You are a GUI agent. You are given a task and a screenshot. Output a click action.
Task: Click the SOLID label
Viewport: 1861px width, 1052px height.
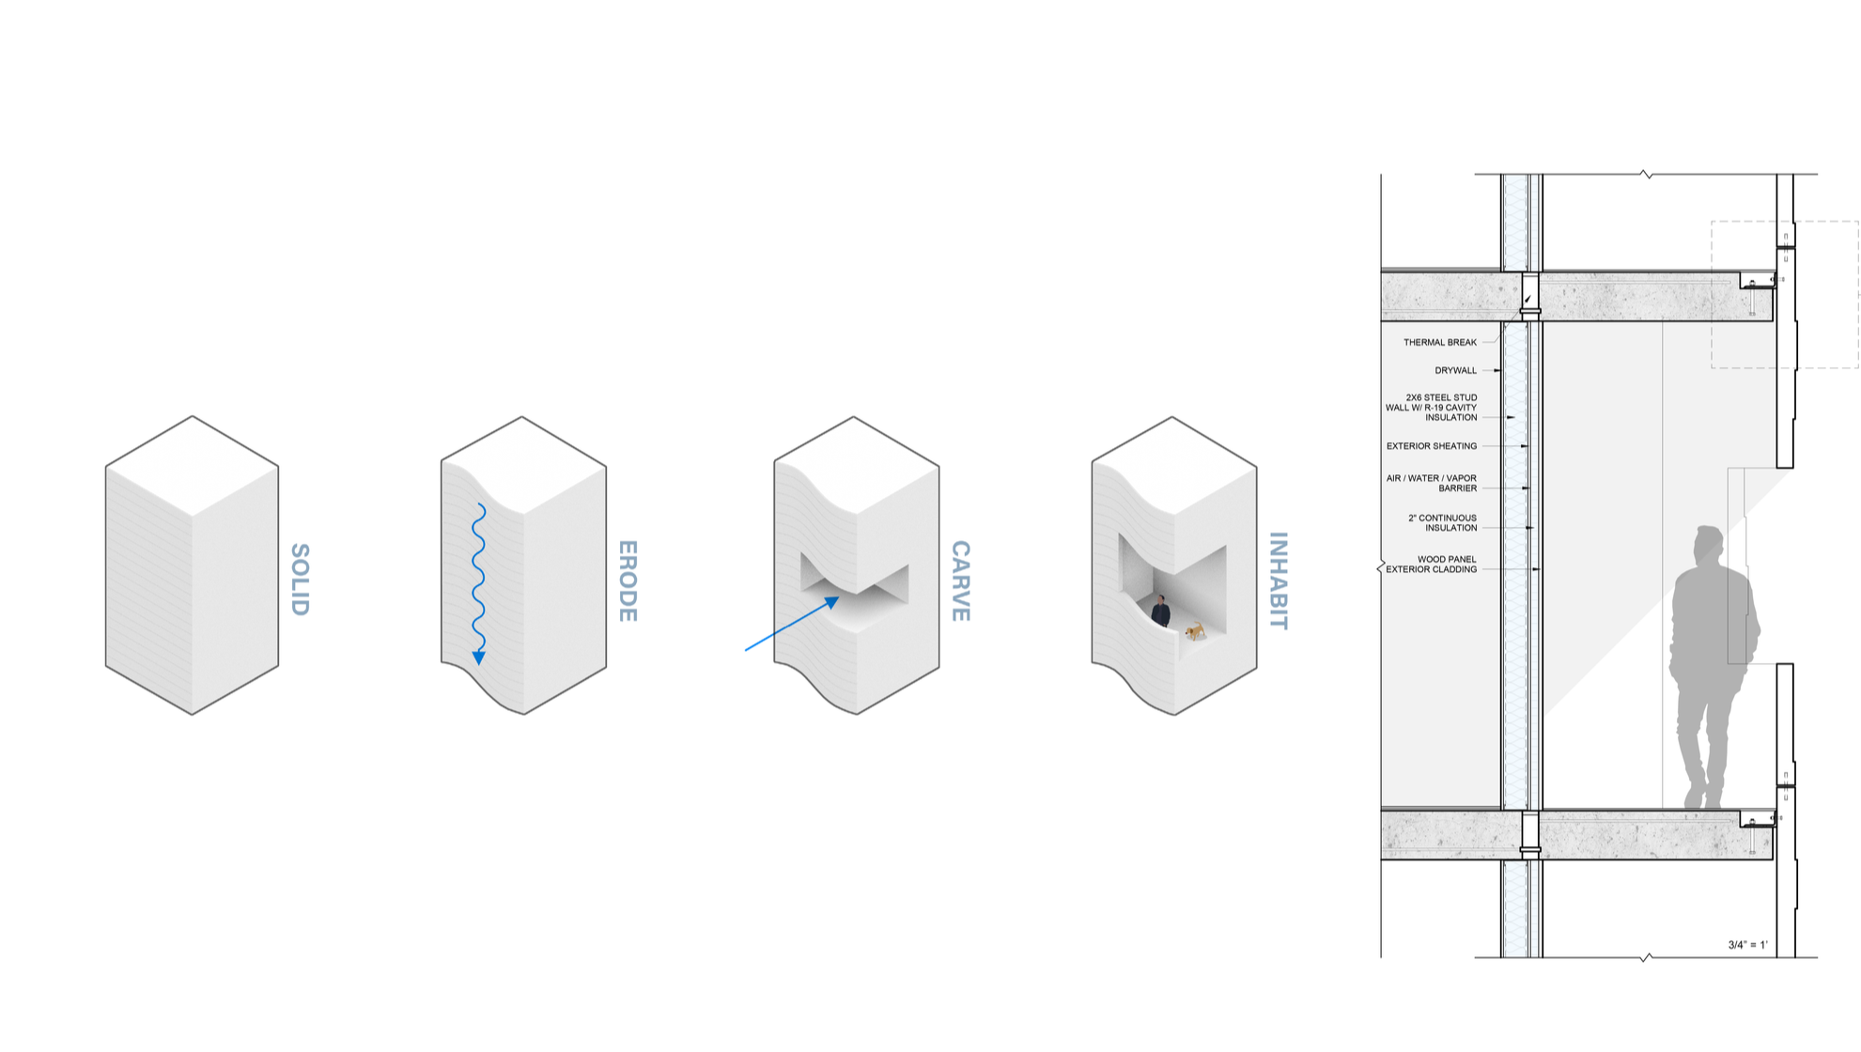point(300,580)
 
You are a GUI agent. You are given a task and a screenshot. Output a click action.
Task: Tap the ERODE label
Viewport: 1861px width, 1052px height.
point(628,580)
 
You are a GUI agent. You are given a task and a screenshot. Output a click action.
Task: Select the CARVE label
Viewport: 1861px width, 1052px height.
point(960,580)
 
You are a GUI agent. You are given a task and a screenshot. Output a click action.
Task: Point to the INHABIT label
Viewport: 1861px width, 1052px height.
point(1278,580)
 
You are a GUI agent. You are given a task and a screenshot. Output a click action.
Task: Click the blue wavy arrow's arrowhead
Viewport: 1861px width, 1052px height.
point(479,657)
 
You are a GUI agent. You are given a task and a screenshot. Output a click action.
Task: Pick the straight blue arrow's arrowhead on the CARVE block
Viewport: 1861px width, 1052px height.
point(831,602)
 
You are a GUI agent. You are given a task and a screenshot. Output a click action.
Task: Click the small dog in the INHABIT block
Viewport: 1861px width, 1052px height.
point(1195,630)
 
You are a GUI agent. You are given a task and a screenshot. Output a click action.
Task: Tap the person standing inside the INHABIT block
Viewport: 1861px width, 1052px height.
point(1161,611)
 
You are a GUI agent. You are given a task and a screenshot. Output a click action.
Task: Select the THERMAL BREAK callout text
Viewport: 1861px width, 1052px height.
point(1440,342)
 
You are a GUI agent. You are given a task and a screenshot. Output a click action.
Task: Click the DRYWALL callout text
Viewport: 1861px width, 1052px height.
point(1455,370)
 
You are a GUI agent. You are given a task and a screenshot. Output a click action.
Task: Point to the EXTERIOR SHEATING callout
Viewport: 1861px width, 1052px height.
point(1432,446)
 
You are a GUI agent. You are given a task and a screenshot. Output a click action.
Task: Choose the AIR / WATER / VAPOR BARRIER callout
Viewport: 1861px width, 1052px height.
point(1432,483)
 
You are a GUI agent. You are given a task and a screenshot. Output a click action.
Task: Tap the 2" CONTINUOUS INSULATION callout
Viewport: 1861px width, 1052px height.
point(1442,522)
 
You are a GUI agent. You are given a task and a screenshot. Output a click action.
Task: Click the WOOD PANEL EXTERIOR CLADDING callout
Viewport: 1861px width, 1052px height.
point(1432,564)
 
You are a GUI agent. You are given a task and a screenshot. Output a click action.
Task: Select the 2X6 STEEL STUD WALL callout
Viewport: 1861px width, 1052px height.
point(1432,408)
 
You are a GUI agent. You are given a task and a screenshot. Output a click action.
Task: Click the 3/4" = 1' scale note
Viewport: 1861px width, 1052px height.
point(1747,945)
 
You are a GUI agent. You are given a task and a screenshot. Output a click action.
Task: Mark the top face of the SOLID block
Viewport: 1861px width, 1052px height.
point(193,466)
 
